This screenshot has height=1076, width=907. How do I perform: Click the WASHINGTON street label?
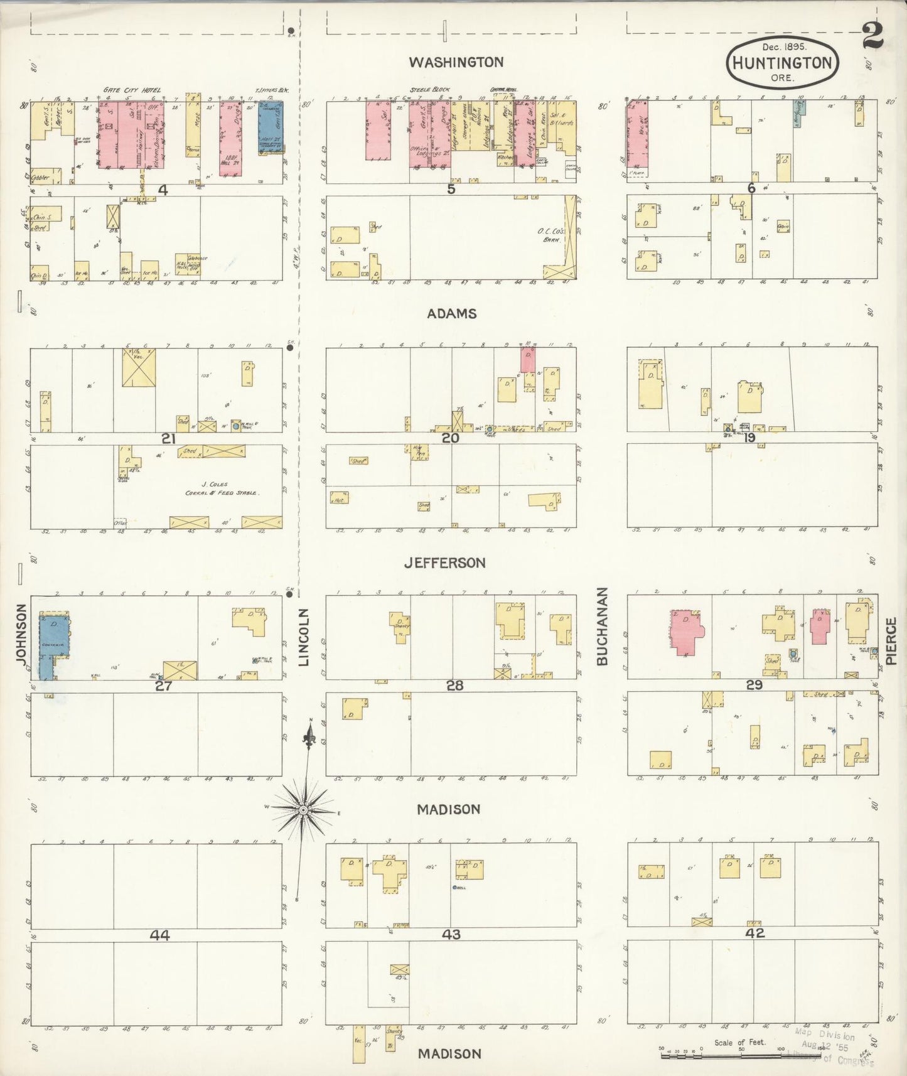[x=456, y=62]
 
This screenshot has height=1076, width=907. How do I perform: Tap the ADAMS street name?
[x=452, y=314]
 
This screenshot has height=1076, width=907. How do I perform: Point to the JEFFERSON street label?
[x=444, y=563]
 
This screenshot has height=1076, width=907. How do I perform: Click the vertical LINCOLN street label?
[x=304, y=637]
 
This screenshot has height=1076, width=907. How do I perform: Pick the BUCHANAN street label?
[x=603, y=626]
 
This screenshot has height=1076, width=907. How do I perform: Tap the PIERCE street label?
[x=891, y=640]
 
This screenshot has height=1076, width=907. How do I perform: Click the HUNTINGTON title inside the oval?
[x=782, y=63]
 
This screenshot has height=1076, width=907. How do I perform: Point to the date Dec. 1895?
[x=785, y=46]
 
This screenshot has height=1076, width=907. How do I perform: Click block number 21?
[x=168, y=438]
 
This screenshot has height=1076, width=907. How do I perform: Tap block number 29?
[x=754, y=685]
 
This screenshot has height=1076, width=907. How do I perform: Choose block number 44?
[x=159, y=935]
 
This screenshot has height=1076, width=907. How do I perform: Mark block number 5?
[x=451, y=188]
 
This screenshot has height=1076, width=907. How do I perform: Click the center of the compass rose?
[x=303, y=809]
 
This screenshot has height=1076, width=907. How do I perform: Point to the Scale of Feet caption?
[x=739, y=1043]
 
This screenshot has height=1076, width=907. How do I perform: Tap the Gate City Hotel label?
[x=132, y=90]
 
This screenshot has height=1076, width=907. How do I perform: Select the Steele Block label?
[x=430, y=90]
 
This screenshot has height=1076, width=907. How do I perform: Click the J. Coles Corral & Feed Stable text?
[x=221, y=488]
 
